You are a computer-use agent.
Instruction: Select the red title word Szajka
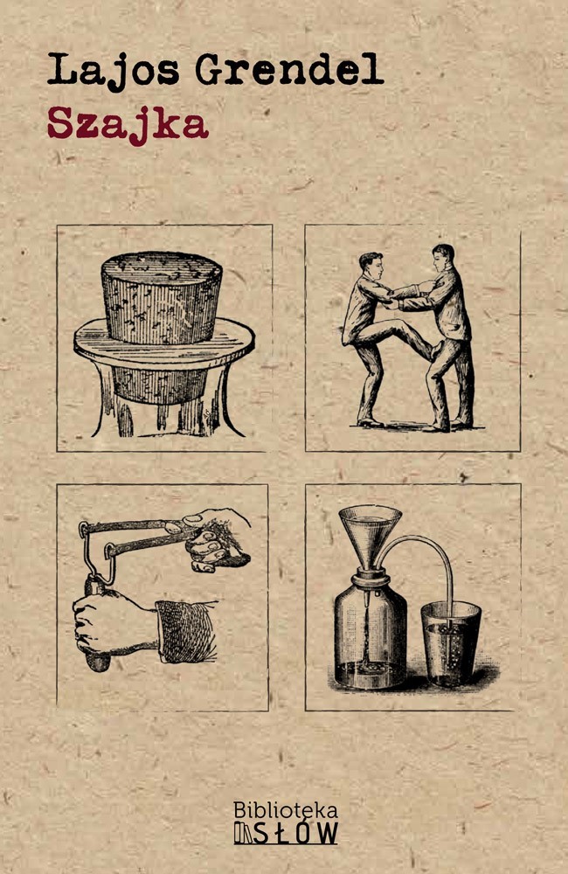(128, 125)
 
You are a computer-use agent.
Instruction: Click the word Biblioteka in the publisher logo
(286, 810)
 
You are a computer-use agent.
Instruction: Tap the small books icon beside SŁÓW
(243, 833)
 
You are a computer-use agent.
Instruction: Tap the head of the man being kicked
(443, 258)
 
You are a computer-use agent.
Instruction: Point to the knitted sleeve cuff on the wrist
(185, 632)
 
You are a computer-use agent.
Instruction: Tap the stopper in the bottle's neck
(369, 577)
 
